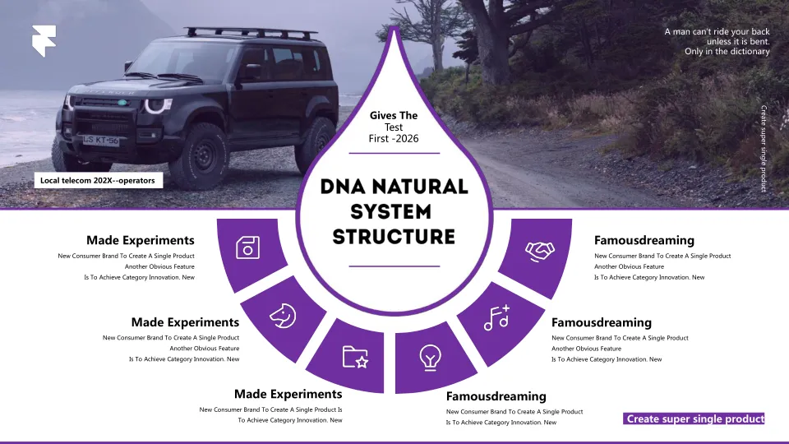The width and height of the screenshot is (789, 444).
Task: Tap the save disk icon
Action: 248,247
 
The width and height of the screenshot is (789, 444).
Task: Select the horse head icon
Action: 283,313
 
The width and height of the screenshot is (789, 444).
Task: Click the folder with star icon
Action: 355,357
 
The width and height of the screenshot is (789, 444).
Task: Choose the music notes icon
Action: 496,317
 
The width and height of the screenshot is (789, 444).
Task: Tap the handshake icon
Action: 539,250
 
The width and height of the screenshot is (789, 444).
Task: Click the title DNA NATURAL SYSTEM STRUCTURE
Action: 394,211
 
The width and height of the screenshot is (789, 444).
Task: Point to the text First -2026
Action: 394,138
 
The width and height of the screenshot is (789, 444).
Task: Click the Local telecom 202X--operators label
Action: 98,180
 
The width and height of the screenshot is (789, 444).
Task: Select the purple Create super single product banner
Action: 694,419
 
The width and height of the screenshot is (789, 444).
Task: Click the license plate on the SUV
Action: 99,141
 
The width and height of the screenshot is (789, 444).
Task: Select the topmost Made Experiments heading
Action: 141,240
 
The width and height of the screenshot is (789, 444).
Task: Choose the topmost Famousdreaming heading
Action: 644,240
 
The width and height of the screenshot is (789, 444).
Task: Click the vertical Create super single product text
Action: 764,148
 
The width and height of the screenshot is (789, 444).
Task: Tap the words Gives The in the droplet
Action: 394,116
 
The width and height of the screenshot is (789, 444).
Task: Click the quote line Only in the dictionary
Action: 727,51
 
